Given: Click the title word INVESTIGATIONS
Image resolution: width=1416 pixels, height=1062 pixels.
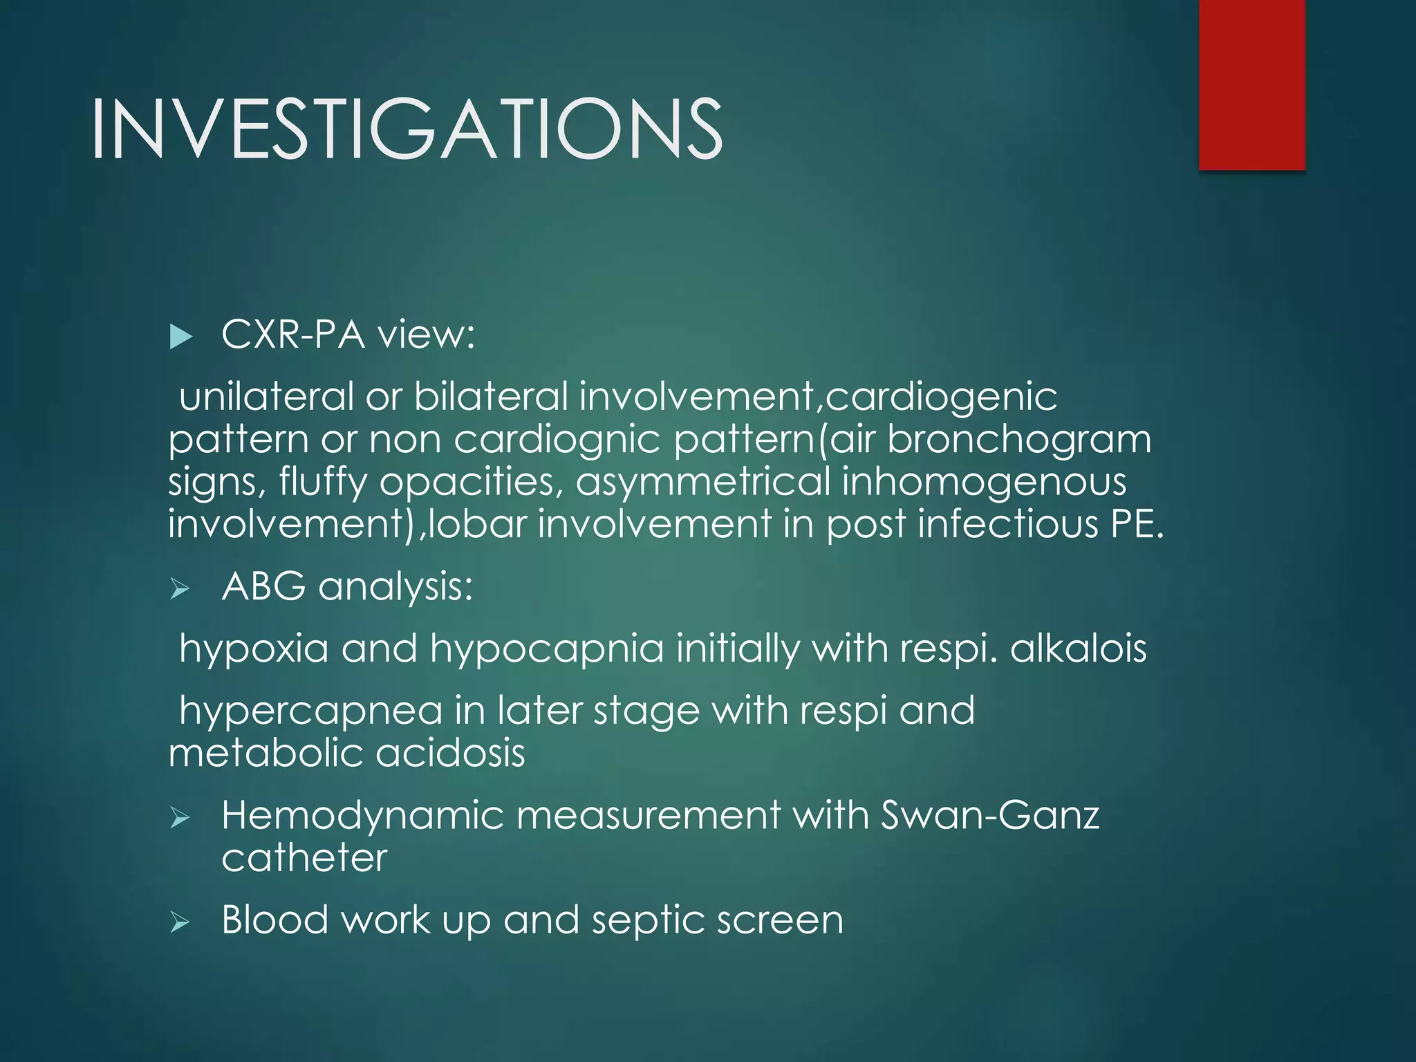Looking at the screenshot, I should click(407, 129).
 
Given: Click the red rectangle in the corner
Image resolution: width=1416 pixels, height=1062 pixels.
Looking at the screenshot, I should click(1251, 84).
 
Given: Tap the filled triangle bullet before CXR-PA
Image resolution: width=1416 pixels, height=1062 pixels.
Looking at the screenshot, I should click(180, 337).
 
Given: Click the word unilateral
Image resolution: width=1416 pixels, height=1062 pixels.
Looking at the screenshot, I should click(266, 397).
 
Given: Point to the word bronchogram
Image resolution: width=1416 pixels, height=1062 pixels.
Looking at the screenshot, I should click(1019, 440).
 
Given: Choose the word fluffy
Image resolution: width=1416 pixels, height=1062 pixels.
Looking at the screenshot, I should click(323, 483).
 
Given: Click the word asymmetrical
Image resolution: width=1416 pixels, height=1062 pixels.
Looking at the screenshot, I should click(702, 483).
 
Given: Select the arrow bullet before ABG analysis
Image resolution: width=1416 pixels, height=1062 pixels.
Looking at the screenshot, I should click(180, 589).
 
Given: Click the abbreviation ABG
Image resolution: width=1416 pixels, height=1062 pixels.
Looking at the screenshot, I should click(263, 586).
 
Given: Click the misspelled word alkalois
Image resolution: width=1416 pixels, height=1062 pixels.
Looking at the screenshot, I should click(1078, 649).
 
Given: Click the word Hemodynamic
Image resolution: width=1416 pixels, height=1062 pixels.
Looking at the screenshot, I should click(362, 816).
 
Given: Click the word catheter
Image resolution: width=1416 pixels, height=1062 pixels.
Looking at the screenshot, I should click(304, 858).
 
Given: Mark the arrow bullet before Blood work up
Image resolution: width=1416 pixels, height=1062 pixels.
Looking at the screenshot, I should click(180, 922).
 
